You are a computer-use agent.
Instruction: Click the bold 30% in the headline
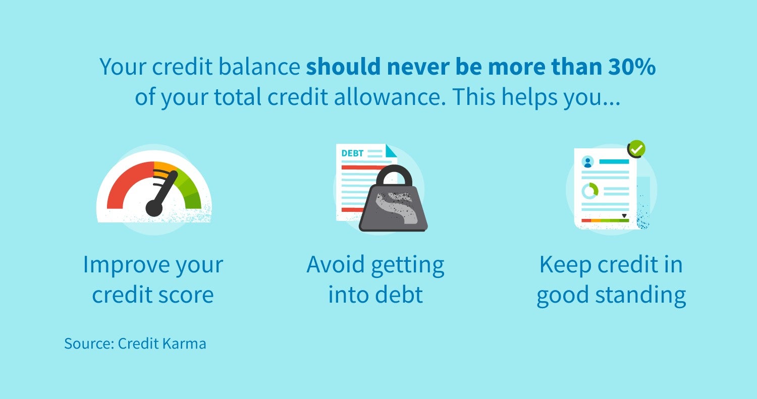pyautogui.click(x=632, y=67)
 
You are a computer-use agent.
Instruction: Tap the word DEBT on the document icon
pyautogui.click(x=352, y=153)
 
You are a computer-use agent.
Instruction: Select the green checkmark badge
pyautogui.click(x=637, y=149)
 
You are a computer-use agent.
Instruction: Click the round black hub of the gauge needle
pyautogui.click(x=154, y=208)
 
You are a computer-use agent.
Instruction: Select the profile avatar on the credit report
pyautogui.click(x=588, y=162)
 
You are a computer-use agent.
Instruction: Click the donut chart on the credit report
pyautogui.click(x=590, y=191)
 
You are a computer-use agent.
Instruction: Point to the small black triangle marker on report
pyautogui.click(x=624, y=216)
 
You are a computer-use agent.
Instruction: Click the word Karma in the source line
pyautogui.click(x=184, y=344)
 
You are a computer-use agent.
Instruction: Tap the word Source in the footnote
pyautogui.click(x=89, y=344)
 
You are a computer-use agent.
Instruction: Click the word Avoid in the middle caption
pyautogui.click(x=335, y=264)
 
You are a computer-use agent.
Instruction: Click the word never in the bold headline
pyautogui.click(x=418, y=67)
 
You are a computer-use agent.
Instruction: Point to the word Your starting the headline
pyautogui.click(x=123, y=67)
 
